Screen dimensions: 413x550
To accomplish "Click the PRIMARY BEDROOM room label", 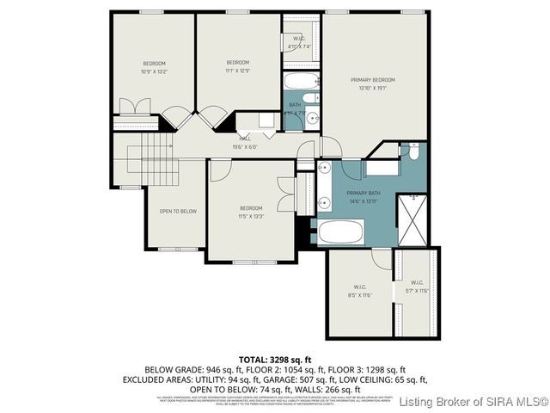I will [x=376, y=80].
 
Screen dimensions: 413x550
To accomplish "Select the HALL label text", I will [x=244, y=139].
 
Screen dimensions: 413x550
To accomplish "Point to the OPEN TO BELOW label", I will [x=178, y=211].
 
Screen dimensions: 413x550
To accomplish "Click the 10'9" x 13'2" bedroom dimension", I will [x=154, y=71].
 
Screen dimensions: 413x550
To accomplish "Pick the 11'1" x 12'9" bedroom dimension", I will [x=237, y=71].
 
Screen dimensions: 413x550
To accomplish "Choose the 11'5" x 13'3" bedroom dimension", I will [x=251, y=216].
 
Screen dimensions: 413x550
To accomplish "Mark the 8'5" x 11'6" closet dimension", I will [x=360, y=295].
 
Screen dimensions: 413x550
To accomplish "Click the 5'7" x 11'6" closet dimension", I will [x=416, y=291].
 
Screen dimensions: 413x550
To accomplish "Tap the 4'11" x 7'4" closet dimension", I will [x=299, y=46].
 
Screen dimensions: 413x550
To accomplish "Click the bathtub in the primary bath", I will [x=341, y=232].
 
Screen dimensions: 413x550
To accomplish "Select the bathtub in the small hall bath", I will [x=302, y=83].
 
